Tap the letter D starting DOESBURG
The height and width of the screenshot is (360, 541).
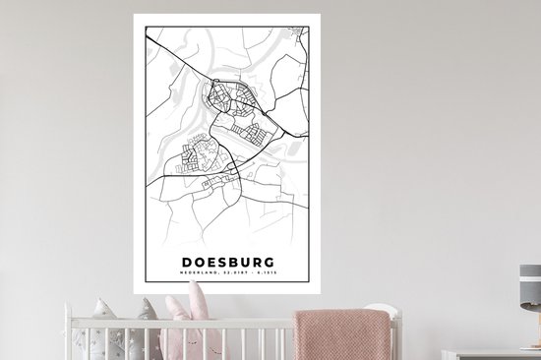pyautogui.click(x=187, y=263)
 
